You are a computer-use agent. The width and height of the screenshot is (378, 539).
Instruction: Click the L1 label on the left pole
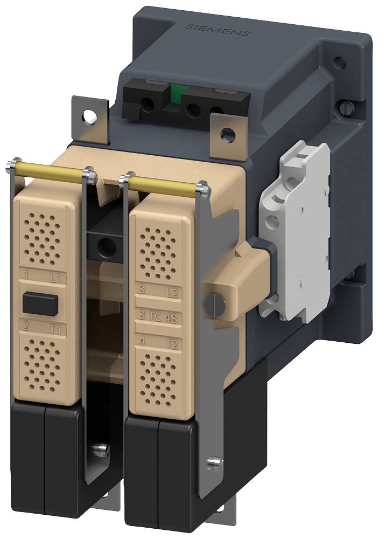pos(55,279)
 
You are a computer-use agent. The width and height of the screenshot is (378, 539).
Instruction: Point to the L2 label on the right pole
pos(172,292)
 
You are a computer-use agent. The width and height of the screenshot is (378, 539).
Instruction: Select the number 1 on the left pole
pos(25,277)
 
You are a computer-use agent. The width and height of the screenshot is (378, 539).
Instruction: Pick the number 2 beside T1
pos(25,326)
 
